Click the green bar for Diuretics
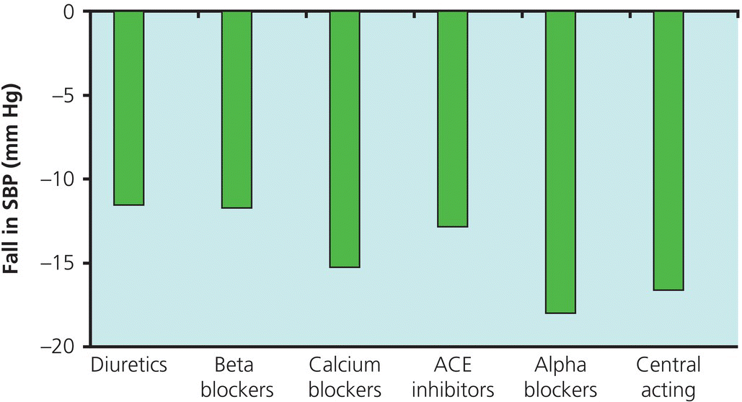coord(129,108)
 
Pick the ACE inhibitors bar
coord(452,119)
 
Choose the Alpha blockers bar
coord(560,162)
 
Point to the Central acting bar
coord(668,151)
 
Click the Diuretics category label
coord(129,365)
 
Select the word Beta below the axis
coord(237,365)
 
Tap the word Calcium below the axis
coord(345,365)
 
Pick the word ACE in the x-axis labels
coord(452,365)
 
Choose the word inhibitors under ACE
coord(452,390)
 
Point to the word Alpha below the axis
coord(560,365)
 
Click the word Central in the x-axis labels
coord(668,365)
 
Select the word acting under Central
coord(668,390)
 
